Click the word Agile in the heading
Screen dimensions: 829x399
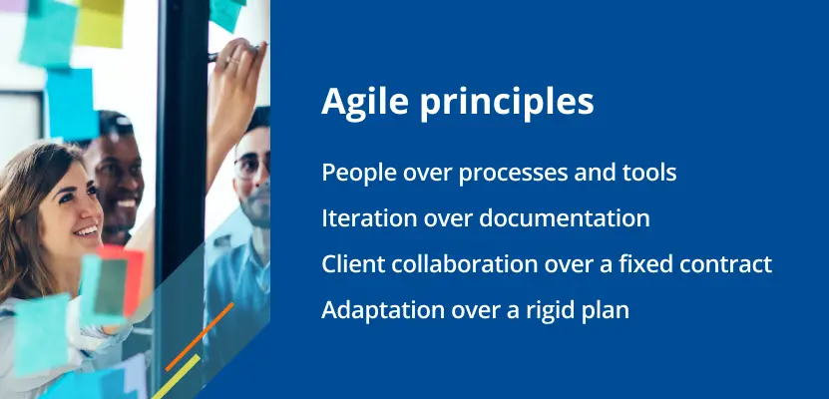[x=365, y=102]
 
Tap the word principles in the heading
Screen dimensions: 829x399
[x=507, y=102]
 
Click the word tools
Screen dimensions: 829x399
[x=651, y=173]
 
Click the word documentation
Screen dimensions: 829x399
[x=564, y=218]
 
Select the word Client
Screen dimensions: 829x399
[x=348, y=263]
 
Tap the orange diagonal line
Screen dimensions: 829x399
[x=200, y=336]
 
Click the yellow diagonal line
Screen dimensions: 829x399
[x=176, y=376]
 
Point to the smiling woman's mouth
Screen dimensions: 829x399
[x=86, y=231]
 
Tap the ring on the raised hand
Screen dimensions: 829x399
[x=232, y=60]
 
